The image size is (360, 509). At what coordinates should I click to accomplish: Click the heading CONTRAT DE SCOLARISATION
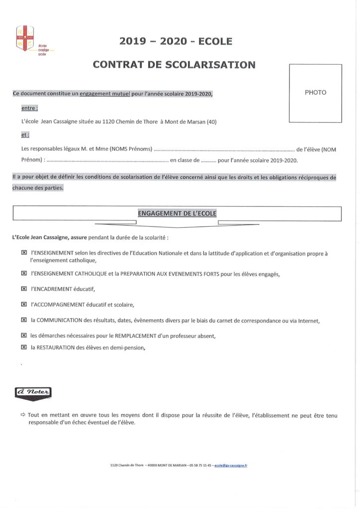(x=175, y=65)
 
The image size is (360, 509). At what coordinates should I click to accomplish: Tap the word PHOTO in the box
(x=315, y=92)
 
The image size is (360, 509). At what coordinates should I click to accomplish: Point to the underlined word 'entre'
(x=30, y=108)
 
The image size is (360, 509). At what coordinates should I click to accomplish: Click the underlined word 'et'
(x=25, y=135)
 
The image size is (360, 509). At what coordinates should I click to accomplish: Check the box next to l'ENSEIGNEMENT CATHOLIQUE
(x=24, y=274)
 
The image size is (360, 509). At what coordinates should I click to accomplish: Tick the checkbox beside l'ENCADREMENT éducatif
(x=24, y=289)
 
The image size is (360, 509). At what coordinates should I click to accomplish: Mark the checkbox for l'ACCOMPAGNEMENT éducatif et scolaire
(x=24, y=304)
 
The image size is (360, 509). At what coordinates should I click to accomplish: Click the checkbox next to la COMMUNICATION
(x=24, y=320)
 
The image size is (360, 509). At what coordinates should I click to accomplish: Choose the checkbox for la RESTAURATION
(x=24, y=347)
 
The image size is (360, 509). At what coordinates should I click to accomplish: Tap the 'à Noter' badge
(x=33, y=393)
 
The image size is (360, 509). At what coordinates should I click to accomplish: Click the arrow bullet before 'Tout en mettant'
(x=23, y=415)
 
